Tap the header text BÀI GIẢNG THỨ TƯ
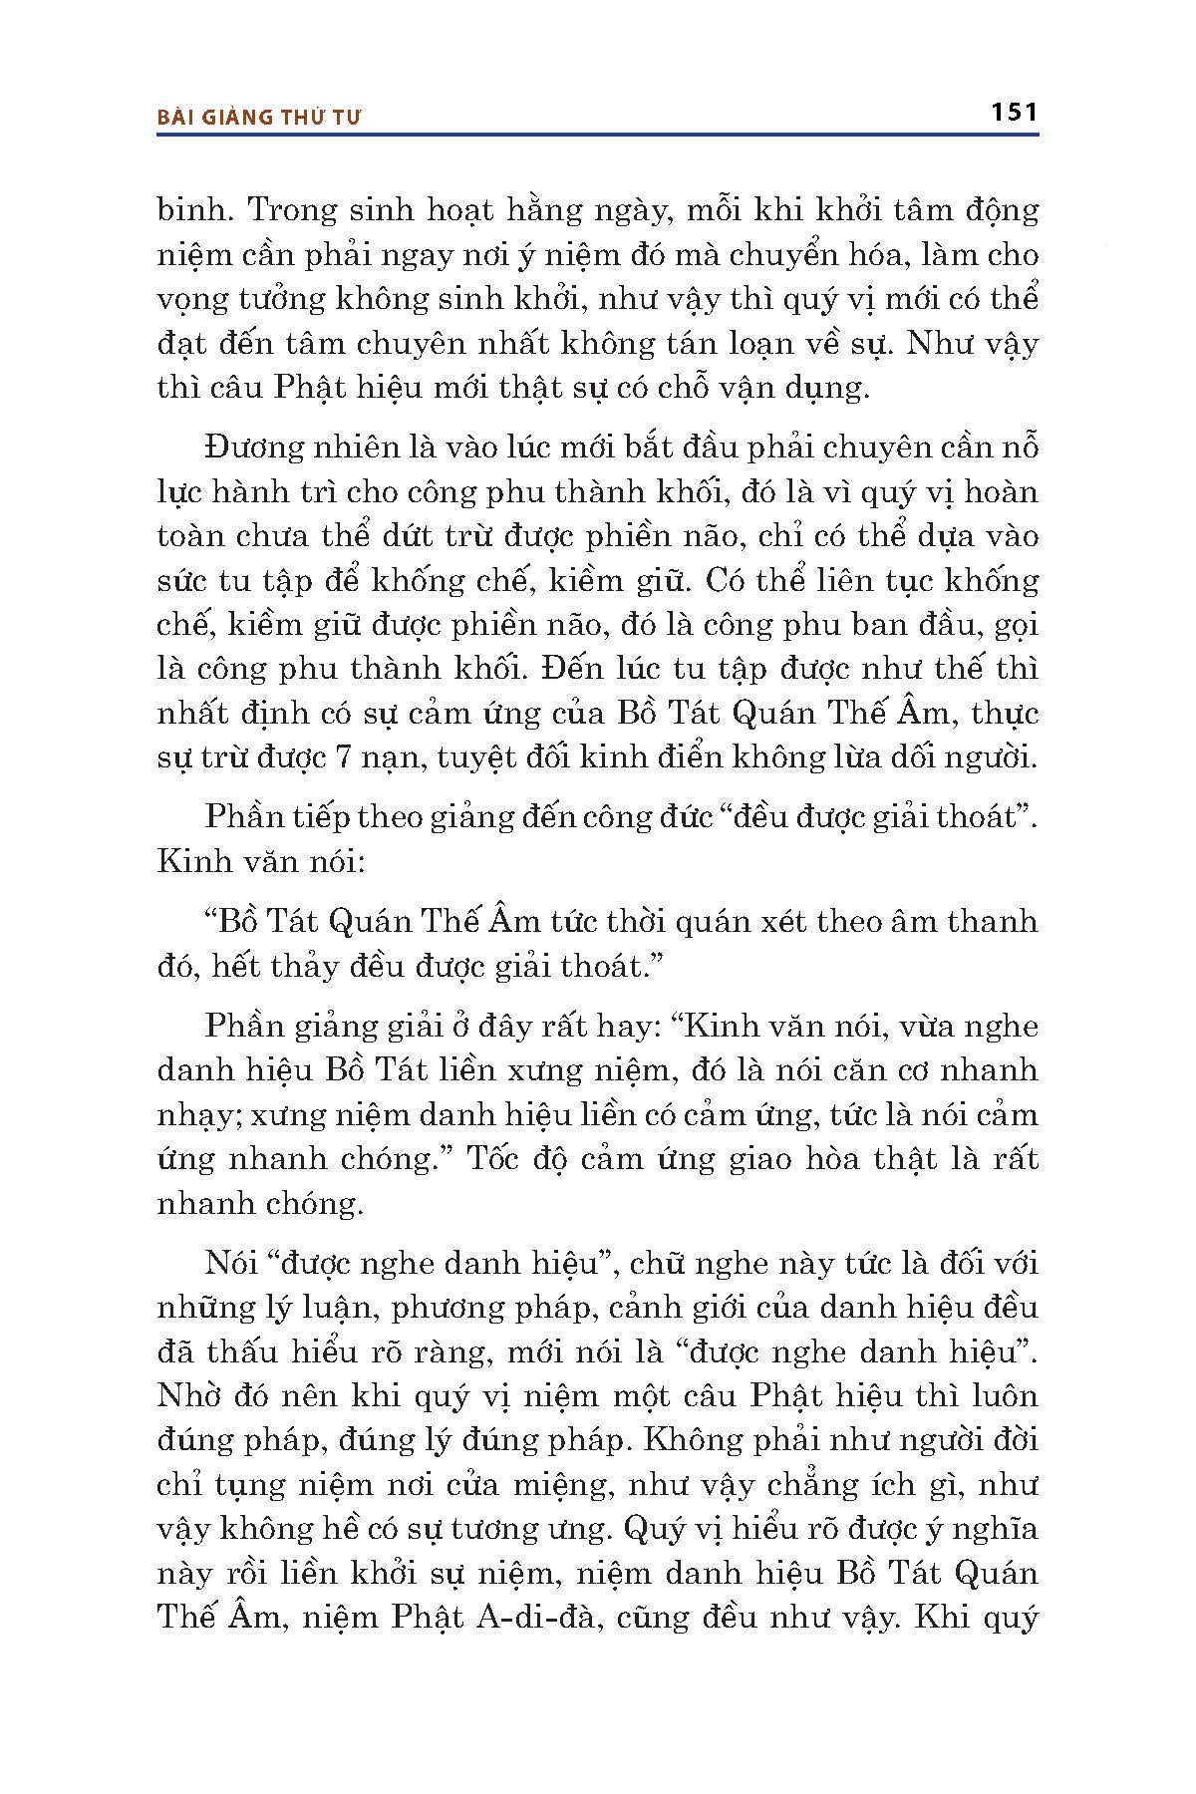(x=259, y=118)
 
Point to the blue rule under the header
(x=598, y=135)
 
